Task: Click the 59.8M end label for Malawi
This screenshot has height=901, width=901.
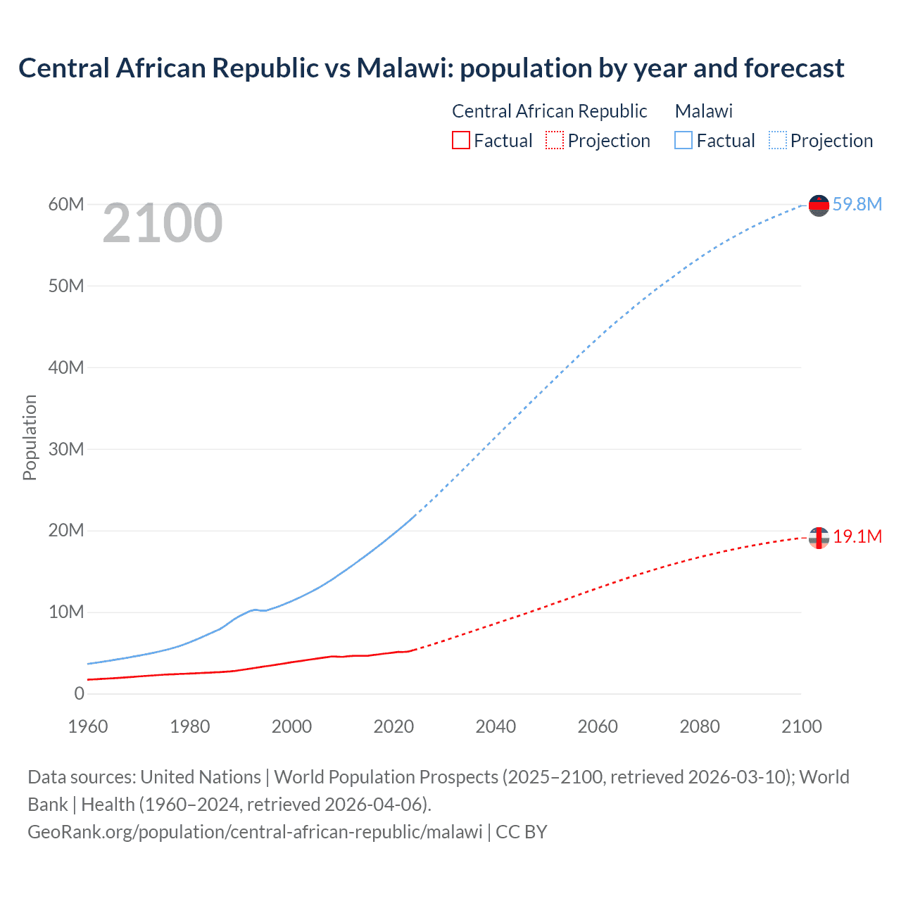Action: point(857,204)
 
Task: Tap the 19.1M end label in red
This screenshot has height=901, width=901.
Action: point(857,536)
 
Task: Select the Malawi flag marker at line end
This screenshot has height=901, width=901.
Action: point(819,206)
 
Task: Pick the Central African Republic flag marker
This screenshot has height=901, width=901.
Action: point(819,538)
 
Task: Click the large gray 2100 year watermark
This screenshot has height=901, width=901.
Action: point(163,223)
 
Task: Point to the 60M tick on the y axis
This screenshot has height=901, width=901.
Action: point(66,204)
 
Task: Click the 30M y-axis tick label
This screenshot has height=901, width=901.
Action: point(66,449)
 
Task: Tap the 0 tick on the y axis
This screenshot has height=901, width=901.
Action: point(79,693)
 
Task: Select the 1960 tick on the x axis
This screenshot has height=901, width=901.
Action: point(88,726)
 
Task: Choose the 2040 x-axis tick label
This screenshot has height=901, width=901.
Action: point(496,726)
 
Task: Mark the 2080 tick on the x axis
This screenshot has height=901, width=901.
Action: point(700,726)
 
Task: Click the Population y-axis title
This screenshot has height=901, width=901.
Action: point(30,437)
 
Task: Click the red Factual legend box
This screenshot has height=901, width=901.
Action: point(460,140)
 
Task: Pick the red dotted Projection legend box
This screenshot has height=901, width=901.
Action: point(555,140)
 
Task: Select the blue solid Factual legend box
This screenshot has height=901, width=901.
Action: point(683,140)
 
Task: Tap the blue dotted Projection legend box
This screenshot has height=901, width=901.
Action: point(778,140)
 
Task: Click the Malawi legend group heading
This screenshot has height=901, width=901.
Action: point(704,111)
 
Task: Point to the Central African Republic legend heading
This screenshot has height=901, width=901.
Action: point(549,111)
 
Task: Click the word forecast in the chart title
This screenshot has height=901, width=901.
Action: point(794,68)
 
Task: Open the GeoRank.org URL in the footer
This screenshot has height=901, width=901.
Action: point(255,831)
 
